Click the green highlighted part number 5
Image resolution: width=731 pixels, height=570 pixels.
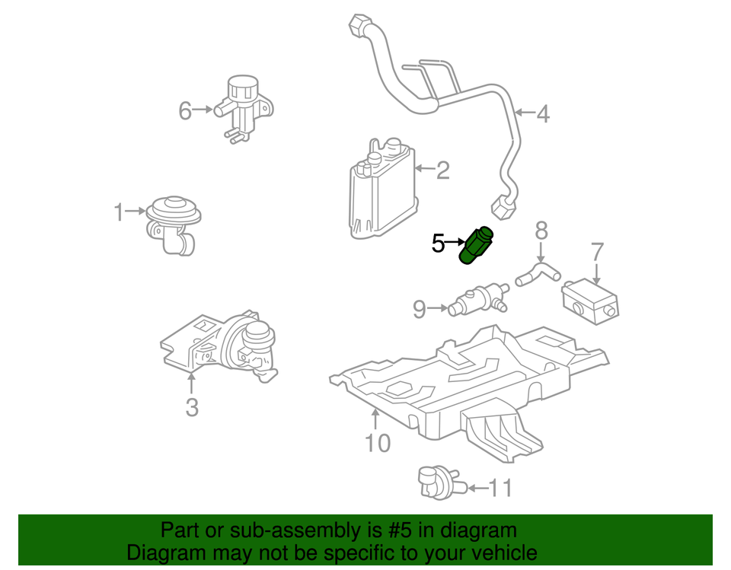click(x=476, y=246)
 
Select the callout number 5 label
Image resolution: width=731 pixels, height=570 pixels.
click(x=438, y=244)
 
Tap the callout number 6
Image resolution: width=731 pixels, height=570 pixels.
click(x=185, y=111)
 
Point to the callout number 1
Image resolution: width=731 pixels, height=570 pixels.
click(x=119, y=212)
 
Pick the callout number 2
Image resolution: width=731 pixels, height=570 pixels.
click(x=443, y=170)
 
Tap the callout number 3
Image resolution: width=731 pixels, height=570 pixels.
click(x=192, y=407)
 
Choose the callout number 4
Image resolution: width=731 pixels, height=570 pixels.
click(x=542, y=114)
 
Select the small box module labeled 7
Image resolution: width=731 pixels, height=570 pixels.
click(x=591, y=300)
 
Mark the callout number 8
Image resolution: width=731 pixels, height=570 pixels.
click(x=541, y=230)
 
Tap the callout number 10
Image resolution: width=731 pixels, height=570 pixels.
click(x=377, y=443)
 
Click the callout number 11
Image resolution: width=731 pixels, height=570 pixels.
click(x=500, y=488)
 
